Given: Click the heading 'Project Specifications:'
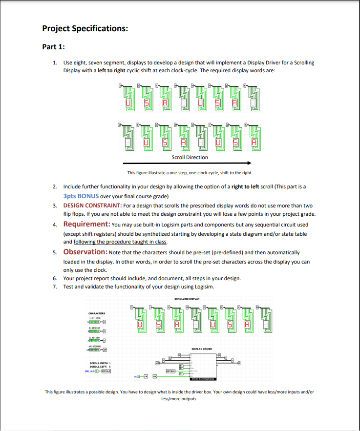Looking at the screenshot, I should tap(85, 28).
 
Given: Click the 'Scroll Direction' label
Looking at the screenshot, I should tap(190, 157).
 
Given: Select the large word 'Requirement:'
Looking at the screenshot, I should tap(86, 224).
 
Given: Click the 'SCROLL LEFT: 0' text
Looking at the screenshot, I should tap(101, 367).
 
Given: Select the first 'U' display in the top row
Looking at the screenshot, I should tap(129, 103).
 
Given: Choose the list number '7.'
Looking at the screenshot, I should tap(55, 286).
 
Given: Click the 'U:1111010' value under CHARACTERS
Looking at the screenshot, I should tap(95, 318).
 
